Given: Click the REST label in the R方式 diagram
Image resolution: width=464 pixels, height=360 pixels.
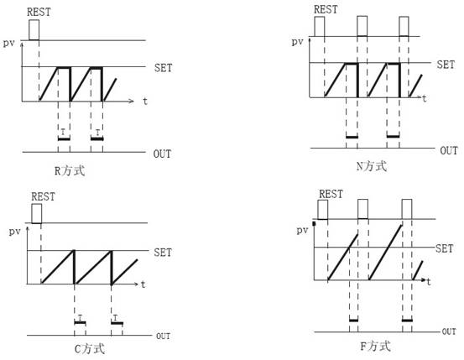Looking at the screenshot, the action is click(x=39, y=12).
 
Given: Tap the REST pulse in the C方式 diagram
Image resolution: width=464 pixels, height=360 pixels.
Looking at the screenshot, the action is click(x=37, y=213).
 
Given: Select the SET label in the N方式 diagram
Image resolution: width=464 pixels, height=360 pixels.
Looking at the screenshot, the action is click(x=446, y=65).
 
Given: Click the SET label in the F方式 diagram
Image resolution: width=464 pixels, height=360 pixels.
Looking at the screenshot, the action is click(x=444, y=248).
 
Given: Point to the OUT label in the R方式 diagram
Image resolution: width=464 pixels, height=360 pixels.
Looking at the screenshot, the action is click(x=162, y=154).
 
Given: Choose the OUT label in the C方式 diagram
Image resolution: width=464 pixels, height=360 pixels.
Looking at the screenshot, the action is click(x=163, y=337).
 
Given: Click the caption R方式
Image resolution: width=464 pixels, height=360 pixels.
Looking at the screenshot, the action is click(x=70, y=171).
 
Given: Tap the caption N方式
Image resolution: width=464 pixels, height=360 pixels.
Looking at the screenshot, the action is click(x=372, y=166).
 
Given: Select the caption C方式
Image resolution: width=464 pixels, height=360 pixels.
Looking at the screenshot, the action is click(x=90, y=349).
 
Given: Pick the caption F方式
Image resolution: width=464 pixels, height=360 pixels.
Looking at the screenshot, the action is click(x=376, y=346).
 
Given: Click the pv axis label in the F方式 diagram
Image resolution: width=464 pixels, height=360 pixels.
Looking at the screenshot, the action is click(x=302, y=230).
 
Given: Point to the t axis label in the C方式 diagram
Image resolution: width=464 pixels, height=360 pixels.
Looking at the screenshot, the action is click(x=143, y=284).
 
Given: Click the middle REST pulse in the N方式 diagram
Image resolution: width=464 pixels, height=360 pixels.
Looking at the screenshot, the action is click(x=362, y=26).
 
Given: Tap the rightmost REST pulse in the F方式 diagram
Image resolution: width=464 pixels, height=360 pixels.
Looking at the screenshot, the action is click(x=407, y=209).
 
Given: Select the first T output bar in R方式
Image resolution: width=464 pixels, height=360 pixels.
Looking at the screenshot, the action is click(x=64, y=138).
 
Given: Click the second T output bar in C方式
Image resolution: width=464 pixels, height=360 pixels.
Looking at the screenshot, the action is click(x=117, y=322).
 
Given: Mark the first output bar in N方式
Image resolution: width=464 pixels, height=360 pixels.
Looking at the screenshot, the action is click(x=352, y=137).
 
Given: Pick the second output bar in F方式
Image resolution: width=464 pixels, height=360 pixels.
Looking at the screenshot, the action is click(x=407, y=321).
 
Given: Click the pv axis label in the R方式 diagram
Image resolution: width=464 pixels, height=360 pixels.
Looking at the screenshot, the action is click(x=9, y=44).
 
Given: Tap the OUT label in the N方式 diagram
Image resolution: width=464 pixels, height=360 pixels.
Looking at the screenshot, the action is click(x=449, y=151).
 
